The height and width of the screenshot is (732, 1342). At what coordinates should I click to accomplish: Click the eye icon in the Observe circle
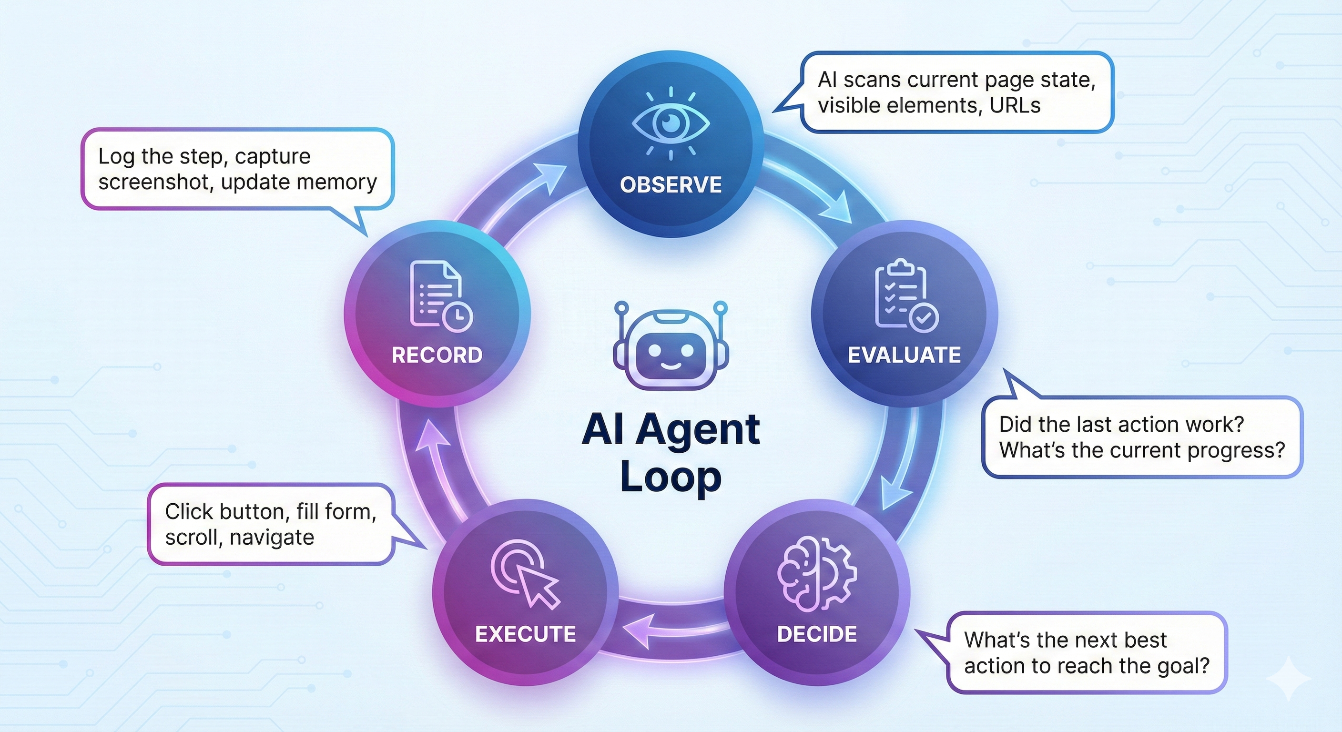(x=671, y=123)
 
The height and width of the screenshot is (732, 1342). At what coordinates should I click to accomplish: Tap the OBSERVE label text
(x=671, y=185)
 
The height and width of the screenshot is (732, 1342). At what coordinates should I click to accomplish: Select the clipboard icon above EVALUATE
(x=905, y=296)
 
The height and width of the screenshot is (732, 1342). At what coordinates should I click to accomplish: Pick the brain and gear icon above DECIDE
(x=816, y=574)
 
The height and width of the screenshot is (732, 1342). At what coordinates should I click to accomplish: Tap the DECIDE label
(x=816, y=634)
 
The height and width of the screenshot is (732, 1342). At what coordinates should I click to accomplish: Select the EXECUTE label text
(x=525, y=634)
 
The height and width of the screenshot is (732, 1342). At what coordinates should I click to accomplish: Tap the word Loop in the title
(x=671, y=477)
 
